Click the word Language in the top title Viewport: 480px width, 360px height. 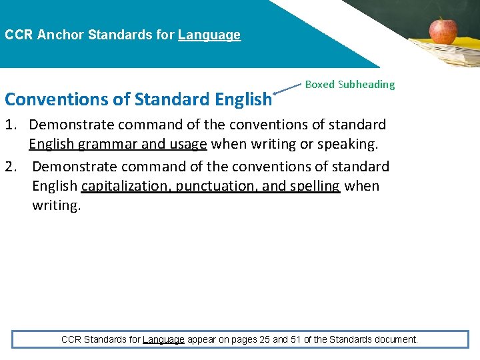tap(209, 35)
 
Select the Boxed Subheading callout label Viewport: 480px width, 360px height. tap(349, 85)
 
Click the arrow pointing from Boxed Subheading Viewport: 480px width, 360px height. tap(288, 91)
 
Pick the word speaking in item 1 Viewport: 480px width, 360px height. tap(349, 144)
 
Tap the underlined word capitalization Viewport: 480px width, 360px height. tap(125, 186)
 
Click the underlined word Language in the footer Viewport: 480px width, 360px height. tap(163, 339)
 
